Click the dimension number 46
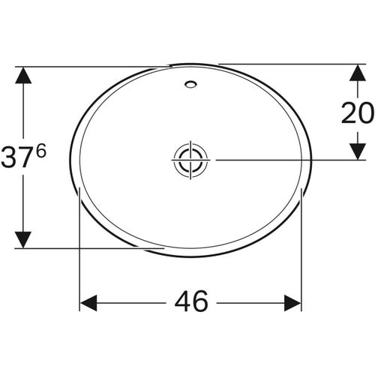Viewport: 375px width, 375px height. [191, 303]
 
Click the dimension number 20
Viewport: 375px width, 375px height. [357, 113]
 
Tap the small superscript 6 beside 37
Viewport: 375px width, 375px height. [40, 151]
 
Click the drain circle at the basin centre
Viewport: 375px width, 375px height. [189, 160]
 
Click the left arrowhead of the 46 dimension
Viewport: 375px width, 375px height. [88, 303]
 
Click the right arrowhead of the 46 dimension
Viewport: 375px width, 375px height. [292, 303]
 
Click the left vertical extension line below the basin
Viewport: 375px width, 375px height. [79, 247]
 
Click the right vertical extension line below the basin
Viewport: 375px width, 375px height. [301, 247]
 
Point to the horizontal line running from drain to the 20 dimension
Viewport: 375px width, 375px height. [285, 160]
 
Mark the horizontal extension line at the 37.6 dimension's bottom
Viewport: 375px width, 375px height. [90, 247]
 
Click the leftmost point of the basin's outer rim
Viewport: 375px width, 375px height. [70, 159]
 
